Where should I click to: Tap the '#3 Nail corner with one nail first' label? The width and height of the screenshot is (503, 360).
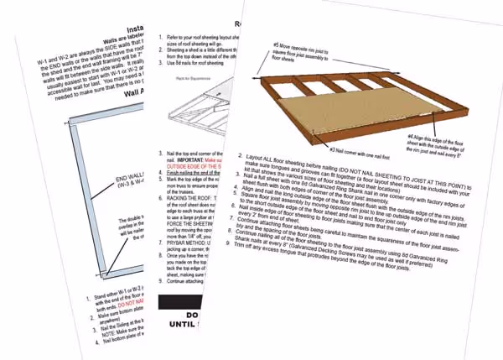(x=348, y=149)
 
